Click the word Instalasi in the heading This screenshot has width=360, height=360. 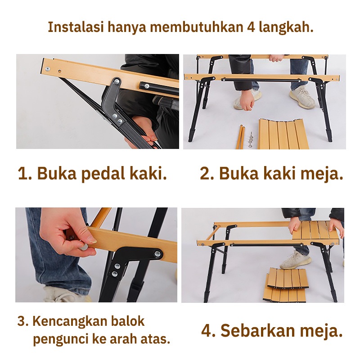(75, 27)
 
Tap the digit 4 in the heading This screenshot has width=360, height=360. (251, 27)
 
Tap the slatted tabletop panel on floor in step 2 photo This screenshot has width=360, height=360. (284, 134)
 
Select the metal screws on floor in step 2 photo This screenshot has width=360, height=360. (251, 140)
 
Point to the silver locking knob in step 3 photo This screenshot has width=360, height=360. (83, 247)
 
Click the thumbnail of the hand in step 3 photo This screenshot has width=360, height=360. (92, 240)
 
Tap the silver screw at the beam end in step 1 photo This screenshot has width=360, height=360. (48, 69)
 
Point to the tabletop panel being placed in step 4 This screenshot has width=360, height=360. (315, 230)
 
